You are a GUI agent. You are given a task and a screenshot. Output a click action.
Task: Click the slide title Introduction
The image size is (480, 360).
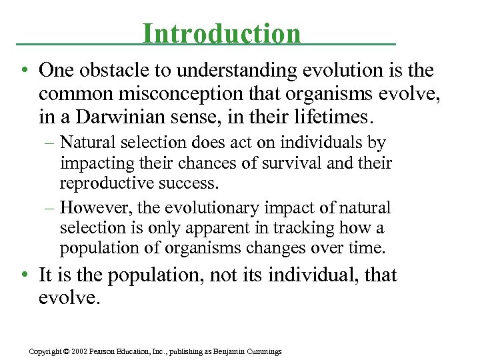pos(221,34)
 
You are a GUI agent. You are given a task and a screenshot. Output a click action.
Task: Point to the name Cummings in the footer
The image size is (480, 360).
pos(263,351)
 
